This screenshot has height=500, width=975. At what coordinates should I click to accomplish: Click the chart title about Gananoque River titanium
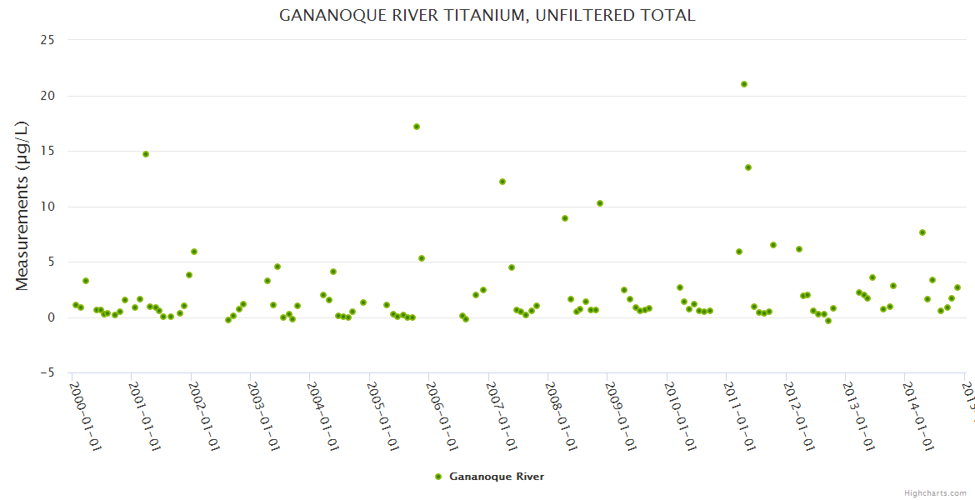click(x=487, y=15)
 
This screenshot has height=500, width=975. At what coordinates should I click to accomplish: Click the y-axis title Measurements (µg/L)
click(x=22, y=206)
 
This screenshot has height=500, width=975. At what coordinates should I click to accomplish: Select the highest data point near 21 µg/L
click(x=744, y=84)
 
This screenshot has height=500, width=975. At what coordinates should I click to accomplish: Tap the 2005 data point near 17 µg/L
click(x=417, y=127)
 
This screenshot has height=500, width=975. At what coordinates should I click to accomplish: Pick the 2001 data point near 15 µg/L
click(x=146, y=154)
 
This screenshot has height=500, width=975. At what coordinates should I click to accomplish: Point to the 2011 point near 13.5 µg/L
click(x=748, y=167)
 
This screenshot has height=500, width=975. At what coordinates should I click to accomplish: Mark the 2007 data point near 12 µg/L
click(x=502, y=182)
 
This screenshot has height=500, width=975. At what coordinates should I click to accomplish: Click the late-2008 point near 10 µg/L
click(x=600, y=203)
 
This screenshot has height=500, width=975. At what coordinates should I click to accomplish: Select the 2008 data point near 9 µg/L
click(x=565, y=218)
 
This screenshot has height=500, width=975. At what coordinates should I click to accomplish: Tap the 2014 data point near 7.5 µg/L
click(x=922, y=232)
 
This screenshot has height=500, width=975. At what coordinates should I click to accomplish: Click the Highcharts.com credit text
click(x=935, y=493)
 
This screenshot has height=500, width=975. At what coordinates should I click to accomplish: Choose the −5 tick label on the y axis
click(x=45, y=373)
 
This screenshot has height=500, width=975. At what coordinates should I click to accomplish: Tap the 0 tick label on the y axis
click(x=51, y=317)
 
